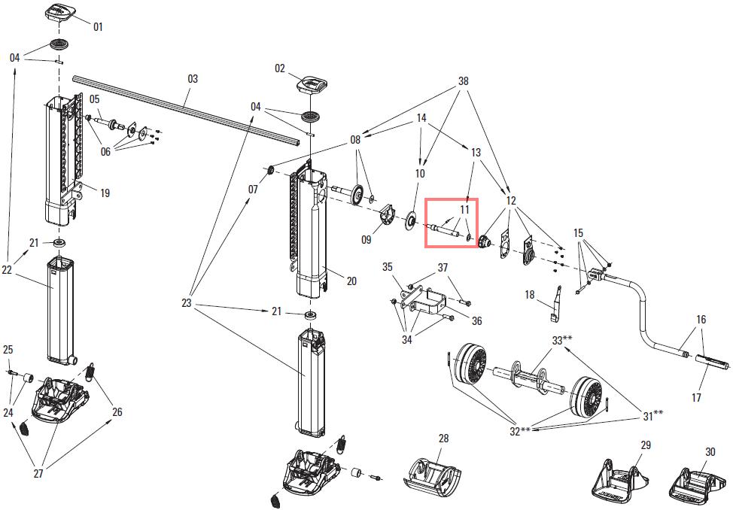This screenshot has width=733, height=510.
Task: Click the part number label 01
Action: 98,26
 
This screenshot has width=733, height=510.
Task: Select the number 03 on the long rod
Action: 193,78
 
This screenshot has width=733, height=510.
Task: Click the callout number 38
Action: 463,81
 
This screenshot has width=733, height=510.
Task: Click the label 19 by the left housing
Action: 105,193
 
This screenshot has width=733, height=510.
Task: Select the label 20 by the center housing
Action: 351,281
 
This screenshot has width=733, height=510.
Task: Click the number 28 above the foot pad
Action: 443,439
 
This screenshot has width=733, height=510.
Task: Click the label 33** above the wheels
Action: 562,341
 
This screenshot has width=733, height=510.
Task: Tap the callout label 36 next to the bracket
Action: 476,321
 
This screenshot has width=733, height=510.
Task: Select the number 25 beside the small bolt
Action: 8,350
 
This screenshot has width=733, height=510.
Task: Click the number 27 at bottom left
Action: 37,473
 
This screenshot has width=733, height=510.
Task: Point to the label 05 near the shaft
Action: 95,99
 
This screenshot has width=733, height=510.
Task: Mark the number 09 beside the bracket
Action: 366,240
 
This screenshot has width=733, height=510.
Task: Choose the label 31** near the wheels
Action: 652,414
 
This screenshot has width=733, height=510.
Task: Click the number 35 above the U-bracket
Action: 388,267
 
